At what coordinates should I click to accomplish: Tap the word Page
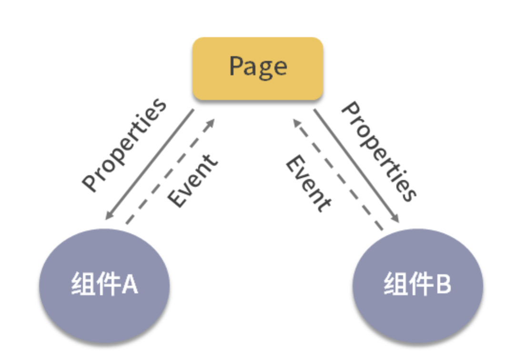tap(258, 67)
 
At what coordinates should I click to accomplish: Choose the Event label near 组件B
tap(308, 184)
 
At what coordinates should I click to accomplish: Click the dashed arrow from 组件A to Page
tap(170, 171)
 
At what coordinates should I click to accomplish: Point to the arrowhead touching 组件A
tap(109, 216)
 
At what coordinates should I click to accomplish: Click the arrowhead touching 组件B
tap(395, 219)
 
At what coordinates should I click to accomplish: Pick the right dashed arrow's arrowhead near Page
tap(296, 123)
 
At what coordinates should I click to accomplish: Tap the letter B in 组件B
tap(442, 285)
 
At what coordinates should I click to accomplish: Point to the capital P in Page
tap(237, 65)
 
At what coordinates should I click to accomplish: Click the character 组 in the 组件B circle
tap(394, 285)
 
